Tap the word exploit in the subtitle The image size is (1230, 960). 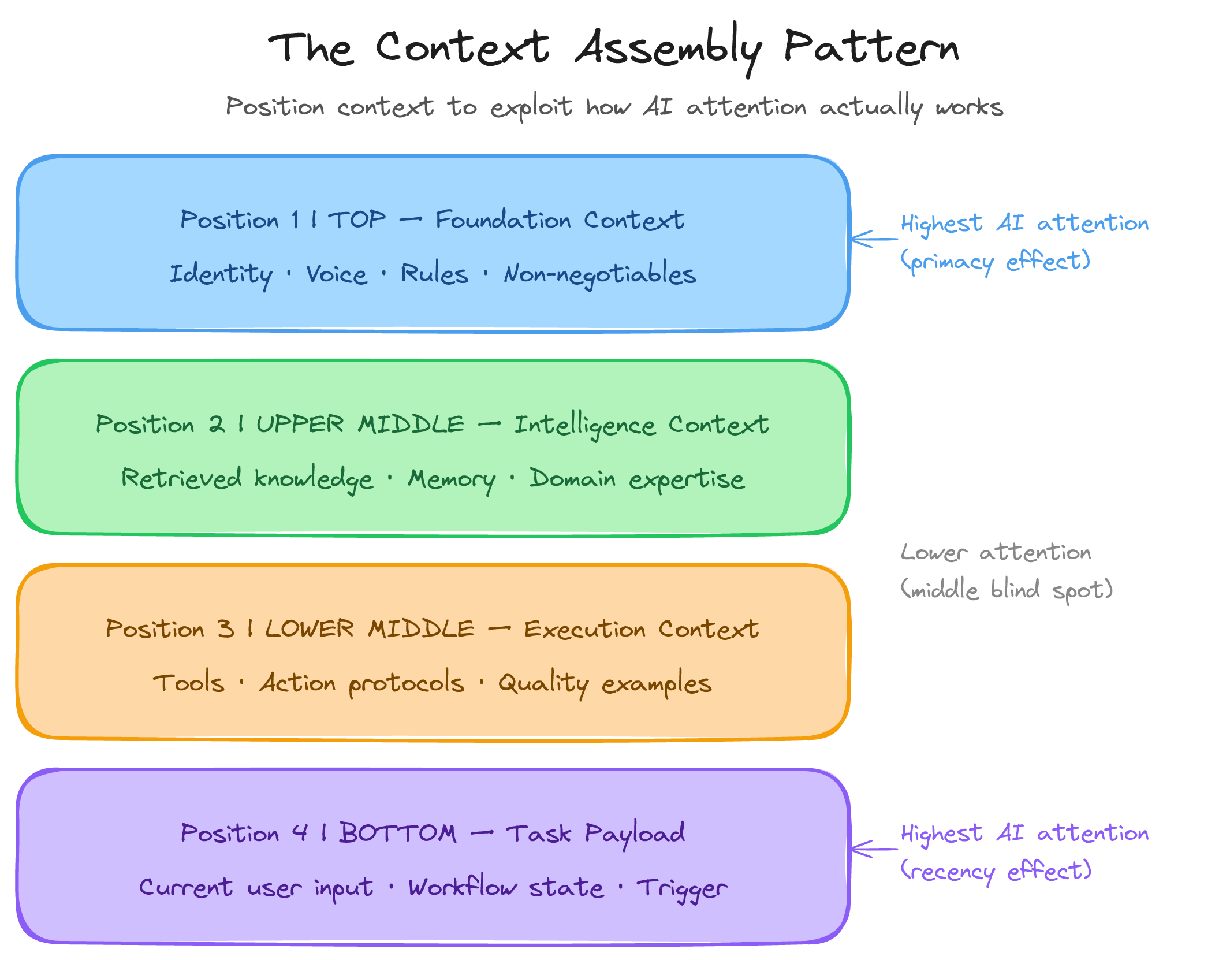point(531,107)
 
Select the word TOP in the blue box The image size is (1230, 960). point(357,220)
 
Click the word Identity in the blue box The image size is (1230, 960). point(221,274)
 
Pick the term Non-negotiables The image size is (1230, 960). point(599,274)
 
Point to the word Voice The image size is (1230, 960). point(336,274)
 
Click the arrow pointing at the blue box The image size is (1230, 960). point(873,239)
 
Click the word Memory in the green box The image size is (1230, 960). point(452,479)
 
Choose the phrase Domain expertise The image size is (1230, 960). point(637,479)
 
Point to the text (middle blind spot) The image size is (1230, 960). point(1007,590)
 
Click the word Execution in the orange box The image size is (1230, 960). point(584,629)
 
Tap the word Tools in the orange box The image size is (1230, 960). point(188,683)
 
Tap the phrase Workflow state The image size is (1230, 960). point(506,888)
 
